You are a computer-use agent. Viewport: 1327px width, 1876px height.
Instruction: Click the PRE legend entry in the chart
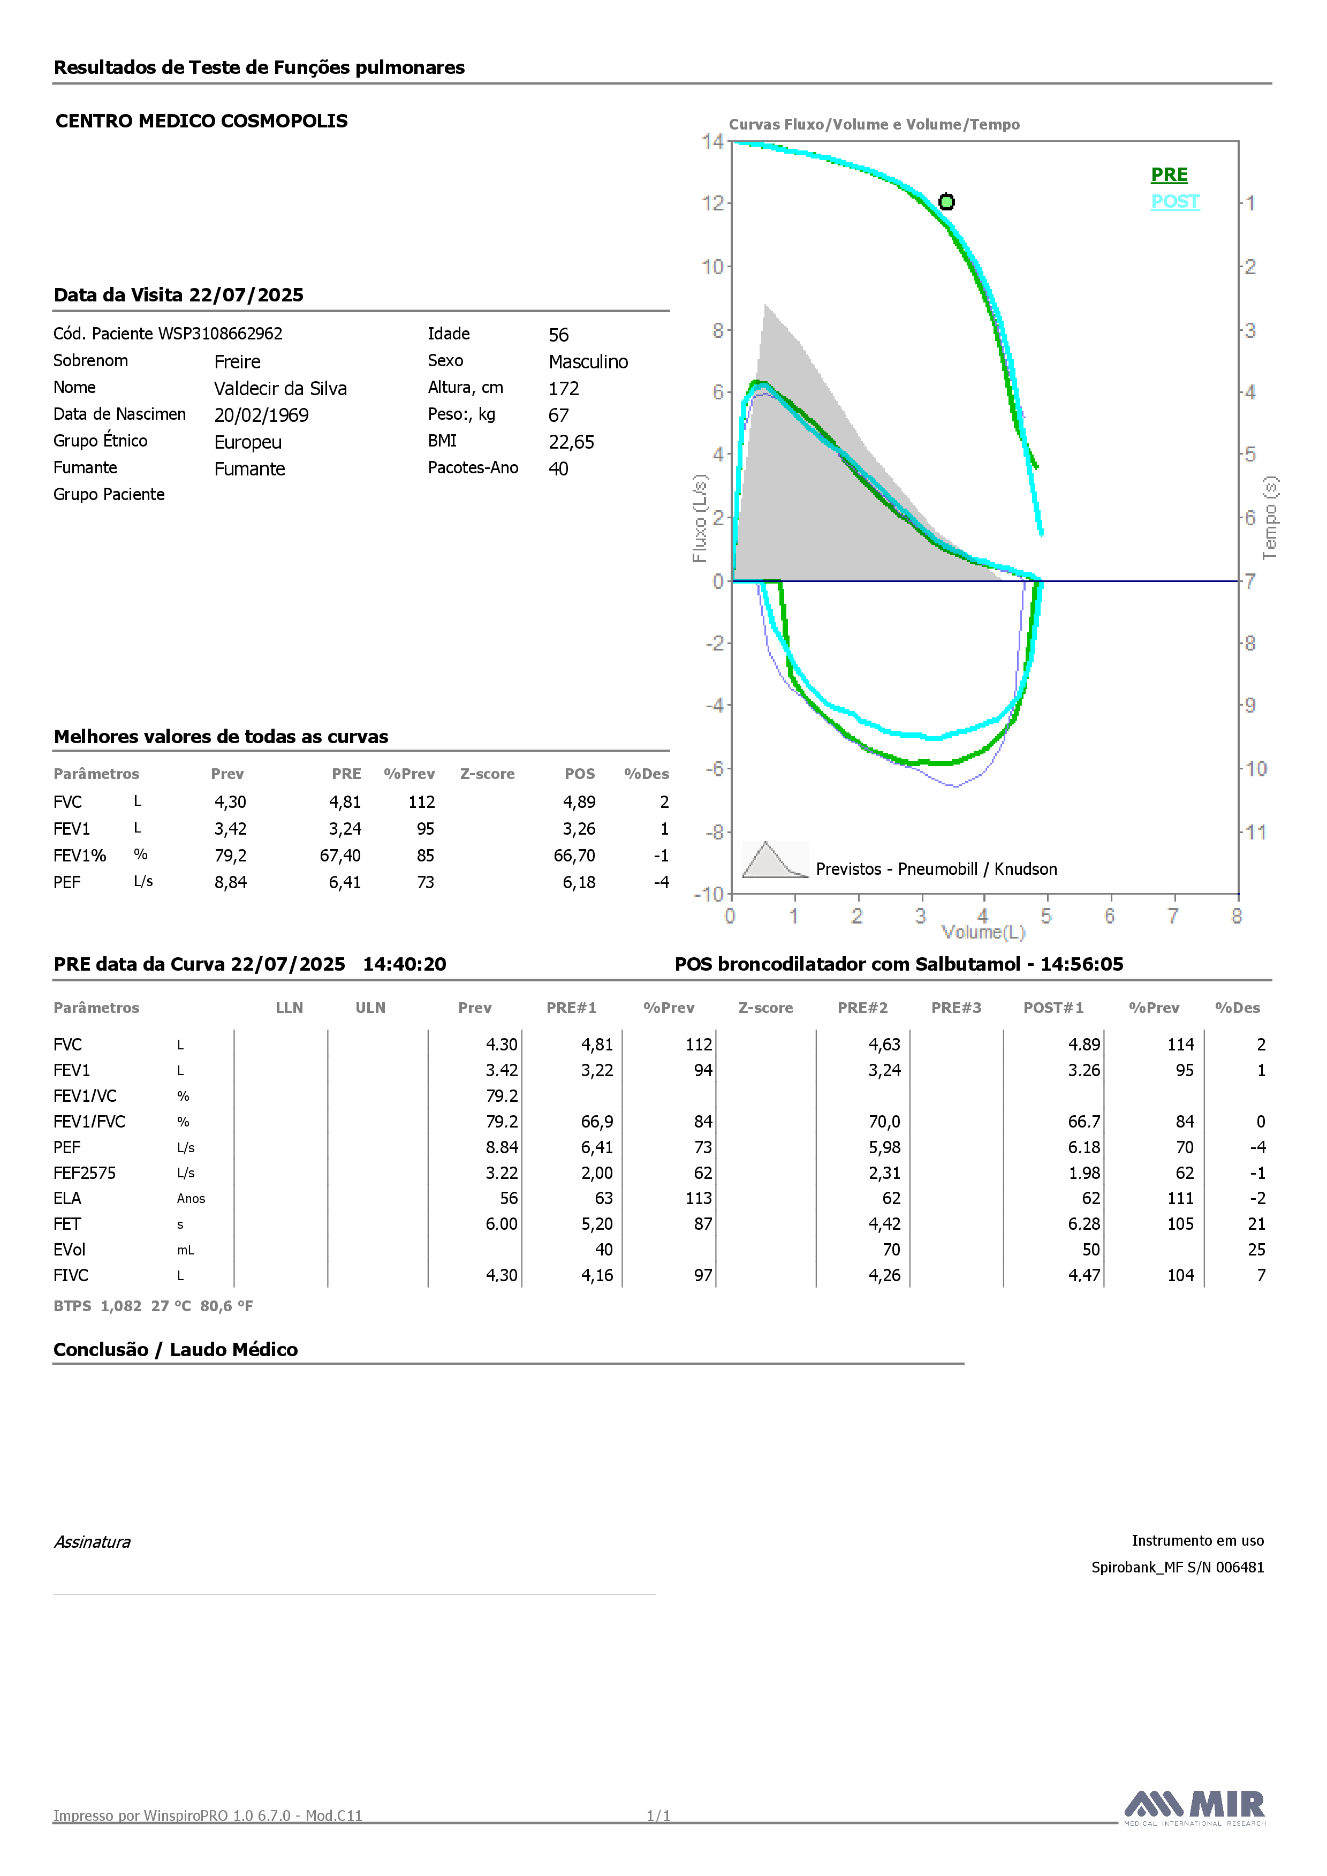pyautogui.click(x=1169, y=175)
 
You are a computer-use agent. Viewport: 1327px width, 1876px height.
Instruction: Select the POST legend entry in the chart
pyautogui.click(x=1175, y=202)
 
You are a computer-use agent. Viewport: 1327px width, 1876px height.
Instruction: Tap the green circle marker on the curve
pyautogui.click(x=946, y=202)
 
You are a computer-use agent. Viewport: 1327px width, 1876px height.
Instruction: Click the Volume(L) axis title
pyautogui.click(x=983, y=932)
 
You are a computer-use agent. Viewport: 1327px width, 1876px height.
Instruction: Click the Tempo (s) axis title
pyautogui.click(x=1270, y=518)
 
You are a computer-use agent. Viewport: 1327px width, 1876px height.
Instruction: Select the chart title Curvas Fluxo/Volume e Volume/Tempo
pyautogui.click(x=874, y=124)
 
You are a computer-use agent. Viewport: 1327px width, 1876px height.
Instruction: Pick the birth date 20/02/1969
pyautogui.click(x=261, y=415)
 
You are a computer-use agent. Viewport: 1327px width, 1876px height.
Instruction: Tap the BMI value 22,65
pyautogui.click(x=571, y=442)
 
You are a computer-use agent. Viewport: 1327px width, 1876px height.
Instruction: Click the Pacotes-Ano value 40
pyautogui.click(x=558, y=469)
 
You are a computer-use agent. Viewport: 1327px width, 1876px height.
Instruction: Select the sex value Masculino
pyautogui.click(x=588, y=362)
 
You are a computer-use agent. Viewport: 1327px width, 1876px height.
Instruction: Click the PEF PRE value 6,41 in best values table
pyautogui.click(x=345, y=882)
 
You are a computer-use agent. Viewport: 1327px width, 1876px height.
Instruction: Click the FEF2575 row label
pyautogui.click(x=85, y=1174)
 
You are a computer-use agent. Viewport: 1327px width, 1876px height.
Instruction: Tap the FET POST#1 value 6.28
pyautogui.click(x=1085, y=1224)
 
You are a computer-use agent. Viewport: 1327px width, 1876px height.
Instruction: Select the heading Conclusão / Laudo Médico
pyautogui.click(x=176, y=1350)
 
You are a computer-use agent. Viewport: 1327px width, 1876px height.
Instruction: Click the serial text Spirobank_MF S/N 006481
pyautogui.click(x=1178, y=1567)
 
